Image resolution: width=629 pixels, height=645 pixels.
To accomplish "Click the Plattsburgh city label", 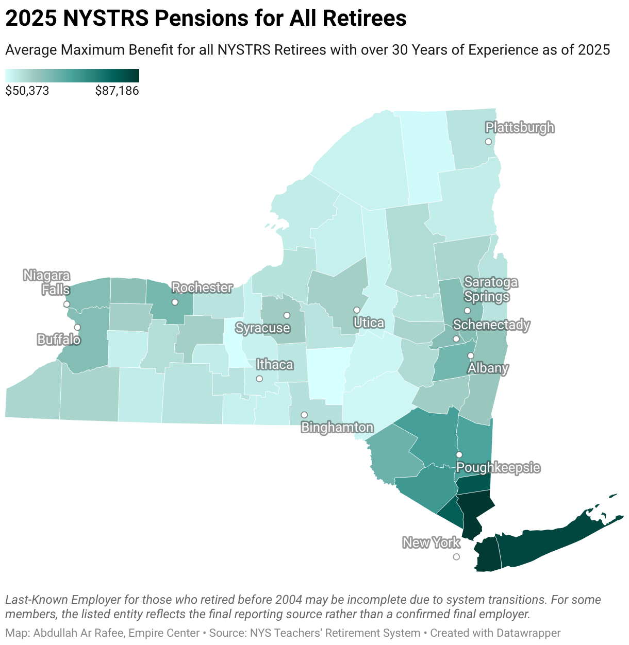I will [x=520, y=127].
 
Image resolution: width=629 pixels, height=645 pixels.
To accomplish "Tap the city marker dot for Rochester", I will [x=175, y=302].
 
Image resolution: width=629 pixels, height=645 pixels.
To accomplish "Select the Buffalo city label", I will [x=59, y=340].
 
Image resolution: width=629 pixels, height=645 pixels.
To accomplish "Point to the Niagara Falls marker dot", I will [x=67, y=304].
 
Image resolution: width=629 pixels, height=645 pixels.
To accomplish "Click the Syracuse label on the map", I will [x=262, y=328].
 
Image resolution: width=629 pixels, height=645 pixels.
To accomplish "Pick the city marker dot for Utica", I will [x=356, y=310].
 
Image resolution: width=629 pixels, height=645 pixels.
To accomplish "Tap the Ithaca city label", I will [x=275, y=365].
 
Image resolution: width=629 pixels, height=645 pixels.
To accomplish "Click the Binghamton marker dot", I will [x=304, y=415].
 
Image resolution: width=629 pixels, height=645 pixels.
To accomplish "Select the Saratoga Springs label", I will [x=490, y=289].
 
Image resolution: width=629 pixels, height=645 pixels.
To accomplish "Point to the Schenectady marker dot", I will [x=456, y=339].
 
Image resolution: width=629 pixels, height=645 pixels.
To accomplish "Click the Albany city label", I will [x=488, y=368].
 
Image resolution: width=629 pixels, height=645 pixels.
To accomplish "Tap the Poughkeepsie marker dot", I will [x=459, y=454].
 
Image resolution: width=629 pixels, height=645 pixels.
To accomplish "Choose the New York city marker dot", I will [x=456, y=557].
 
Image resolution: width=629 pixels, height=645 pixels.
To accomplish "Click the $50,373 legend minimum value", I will [x=27, y=91].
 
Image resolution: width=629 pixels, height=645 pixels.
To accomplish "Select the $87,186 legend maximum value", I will [x=117, y=91].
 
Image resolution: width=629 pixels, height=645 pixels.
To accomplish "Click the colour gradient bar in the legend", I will [x=72, y=76].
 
